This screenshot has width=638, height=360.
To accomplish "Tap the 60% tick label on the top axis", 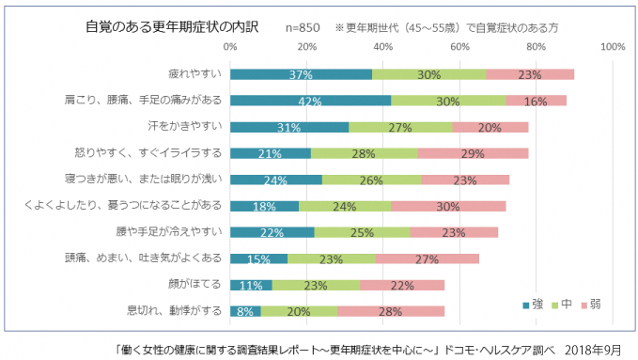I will tap(459, 46).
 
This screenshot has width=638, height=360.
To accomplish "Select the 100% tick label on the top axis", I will tap(612, 46).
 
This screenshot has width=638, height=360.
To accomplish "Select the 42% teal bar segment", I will tap(310, 101).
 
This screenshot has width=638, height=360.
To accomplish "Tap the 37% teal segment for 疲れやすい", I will tap(301, 74).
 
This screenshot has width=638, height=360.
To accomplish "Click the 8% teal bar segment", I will tap(245, 310).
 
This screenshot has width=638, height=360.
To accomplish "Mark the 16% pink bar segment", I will tap(536, 101).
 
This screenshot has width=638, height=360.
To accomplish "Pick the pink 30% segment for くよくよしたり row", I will tap(448, 205).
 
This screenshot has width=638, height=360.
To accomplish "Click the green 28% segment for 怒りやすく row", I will tap(364, 153).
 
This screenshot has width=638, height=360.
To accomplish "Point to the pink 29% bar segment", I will tap(473, 153).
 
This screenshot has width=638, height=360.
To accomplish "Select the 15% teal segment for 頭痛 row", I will tap(258, 258).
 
